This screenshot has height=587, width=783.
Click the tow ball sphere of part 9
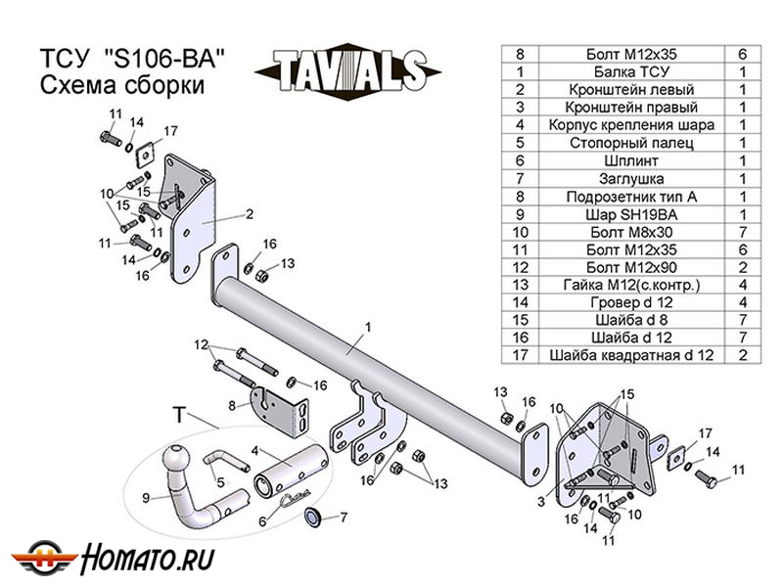tap(177, 458)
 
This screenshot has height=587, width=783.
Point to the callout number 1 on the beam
tap(367, 326)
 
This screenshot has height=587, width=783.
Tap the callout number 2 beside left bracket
tap(250, 213)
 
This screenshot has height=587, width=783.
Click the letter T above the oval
tap(178, 415)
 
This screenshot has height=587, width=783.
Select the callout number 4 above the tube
tap(252, 451)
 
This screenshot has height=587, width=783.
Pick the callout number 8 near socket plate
tap(231, 405)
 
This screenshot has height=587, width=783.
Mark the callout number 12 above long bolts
tap(201, 343)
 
